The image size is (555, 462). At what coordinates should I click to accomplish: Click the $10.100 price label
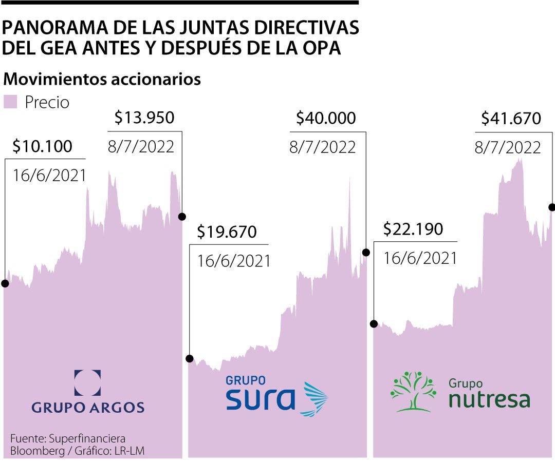click(42, 147)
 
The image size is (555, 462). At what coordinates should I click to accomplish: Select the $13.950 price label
click(144, 118)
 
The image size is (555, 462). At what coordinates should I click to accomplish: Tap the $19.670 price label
click(227, 232)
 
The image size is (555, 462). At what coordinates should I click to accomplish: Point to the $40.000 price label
click(326, 119)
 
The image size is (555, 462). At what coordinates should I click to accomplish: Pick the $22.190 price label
click(413, 229)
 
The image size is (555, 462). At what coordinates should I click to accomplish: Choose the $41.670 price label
click(511, 119)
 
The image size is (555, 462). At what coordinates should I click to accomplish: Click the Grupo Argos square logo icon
click(87, 383)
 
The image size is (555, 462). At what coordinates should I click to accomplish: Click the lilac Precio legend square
click(11, 102)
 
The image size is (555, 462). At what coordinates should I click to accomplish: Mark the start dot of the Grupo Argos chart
click(5, 283)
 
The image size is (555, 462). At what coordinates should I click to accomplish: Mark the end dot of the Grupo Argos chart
click(181, 217)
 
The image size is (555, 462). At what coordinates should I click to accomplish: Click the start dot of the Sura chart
click(190, 358)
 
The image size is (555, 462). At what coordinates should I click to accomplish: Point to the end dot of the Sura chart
click(366, 252)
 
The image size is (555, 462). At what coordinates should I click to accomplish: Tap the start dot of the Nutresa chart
click(374, 323)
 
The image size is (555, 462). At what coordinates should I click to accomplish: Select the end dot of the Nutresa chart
click(552, 207)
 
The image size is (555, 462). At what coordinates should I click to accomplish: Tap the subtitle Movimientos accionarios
click(102, 80)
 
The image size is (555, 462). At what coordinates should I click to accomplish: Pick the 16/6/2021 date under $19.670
click(234, 261)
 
